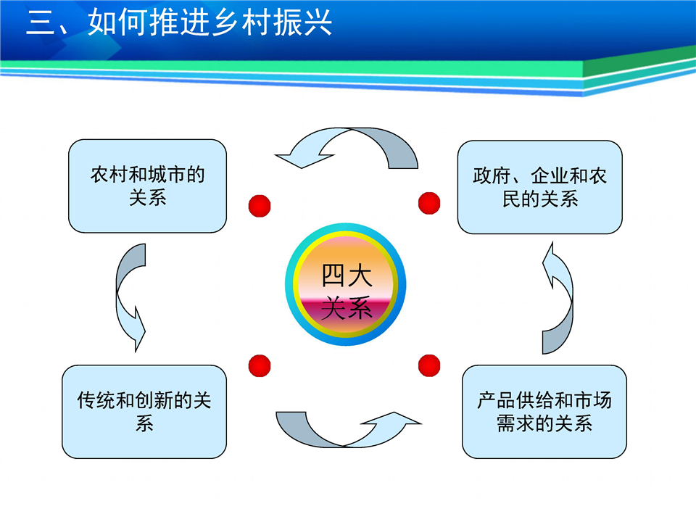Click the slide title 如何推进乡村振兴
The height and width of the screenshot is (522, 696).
[x=210, y=22]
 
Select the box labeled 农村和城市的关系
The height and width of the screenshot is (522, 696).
[x=147, y=186]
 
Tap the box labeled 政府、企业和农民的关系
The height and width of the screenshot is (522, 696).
[x=539, y=187]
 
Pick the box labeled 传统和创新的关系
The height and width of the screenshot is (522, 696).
[x=144, y=412]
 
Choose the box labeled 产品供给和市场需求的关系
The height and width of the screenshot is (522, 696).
[x=544, y=412]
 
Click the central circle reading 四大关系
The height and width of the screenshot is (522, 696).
[x=346, y=284]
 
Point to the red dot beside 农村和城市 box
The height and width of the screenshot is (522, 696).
[x=260, y=206]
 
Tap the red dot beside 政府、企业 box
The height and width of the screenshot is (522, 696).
[x=429, y=203]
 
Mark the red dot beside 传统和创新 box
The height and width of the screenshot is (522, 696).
[x=260, y=365]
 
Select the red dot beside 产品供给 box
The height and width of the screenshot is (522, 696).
[x=429, y=365]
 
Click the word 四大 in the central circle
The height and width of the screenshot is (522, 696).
[x=347, y=275]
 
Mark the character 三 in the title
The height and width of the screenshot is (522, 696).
[x=41, y=22]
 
